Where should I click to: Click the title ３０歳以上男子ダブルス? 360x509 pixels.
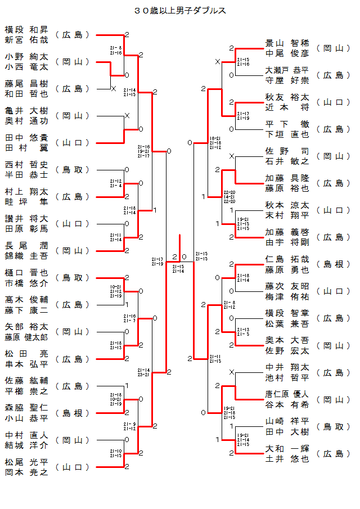coord(180,11)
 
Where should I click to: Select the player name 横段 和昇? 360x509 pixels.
coord(26,29)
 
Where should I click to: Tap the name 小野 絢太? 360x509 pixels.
coord(26,56)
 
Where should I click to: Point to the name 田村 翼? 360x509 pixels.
coord(26,148)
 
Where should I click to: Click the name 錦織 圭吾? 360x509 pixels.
coord(26,256)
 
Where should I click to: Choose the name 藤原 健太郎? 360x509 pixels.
coord(26,337)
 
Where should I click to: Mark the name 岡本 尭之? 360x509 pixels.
coord(26,472)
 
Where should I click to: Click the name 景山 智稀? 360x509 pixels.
coord(287,43)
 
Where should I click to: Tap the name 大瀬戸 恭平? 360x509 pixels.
coord(287,70)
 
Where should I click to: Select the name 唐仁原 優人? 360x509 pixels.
coord(287,394)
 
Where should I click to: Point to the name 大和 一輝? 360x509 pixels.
coord(287,448)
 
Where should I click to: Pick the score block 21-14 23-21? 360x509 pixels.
coord(143,372)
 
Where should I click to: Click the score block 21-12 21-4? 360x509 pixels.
coord(116,183)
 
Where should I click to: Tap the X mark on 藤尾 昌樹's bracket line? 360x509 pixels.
coord(113,89)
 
